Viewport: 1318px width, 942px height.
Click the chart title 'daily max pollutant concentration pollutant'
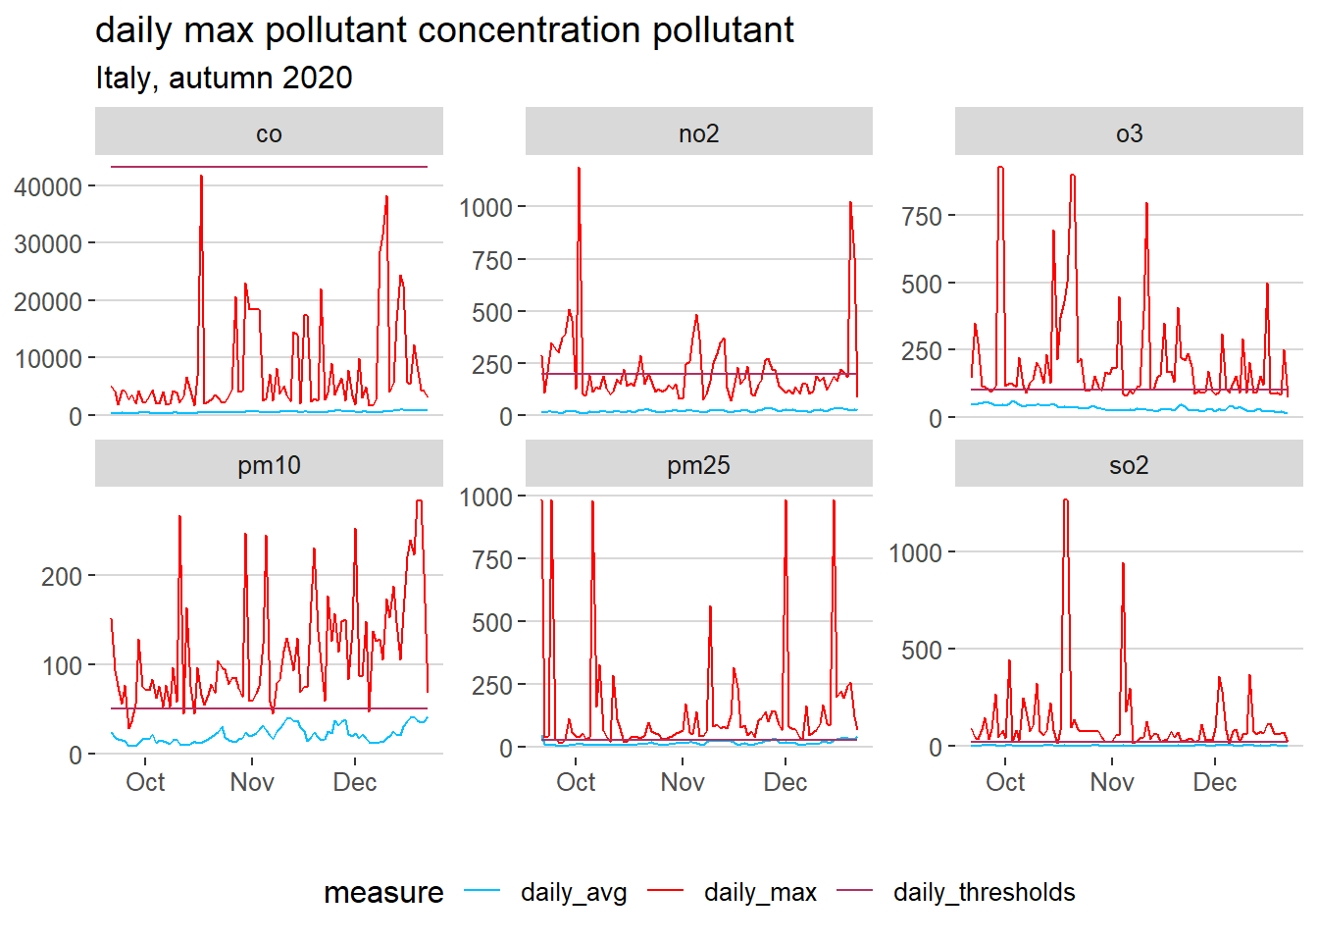pos(444,30)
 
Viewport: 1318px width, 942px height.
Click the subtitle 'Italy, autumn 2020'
pos(224,78)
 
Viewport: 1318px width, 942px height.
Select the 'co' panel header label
pos(269,133)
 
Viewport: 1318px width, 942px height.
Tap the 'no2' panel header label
pos(698,133)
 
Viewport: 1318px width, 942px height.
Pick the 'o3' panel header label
pos(1129,133)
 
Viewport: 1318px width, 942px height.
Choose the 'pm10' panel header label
pos(269,465)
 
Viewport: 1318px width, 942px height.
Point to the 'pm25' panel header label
pos(698,465)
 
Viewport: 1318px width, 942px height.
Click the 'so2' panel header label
pos(1129,465)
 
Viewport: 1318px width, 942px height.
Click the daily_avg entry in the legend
pos(574,892)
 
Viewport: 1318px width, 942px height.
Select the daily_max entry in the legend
pos(760,892)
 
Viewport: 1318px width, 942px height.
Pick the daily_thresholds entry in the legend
pos(984,892)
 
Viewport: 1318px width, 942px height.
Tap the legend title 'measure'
pos(383,892)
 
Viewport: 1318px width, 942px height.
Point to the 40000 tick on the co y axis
pos(48,186)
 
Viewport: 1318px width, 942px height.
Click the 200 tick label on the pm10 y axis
pos(62,576)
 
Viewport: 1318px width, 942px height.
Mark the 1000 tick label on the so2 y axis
pos(914,553)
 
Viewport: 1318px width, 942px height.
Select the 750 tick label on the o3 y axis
pos(921,216)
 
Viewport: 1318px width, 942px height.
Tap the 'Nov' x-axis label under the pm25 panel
pos(682,782)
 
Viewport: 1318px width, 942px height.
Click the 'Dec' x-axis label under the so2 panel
pos(1214,782)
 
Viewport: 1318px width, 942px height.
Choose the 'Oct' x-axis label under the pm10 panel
pos(145,782)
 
